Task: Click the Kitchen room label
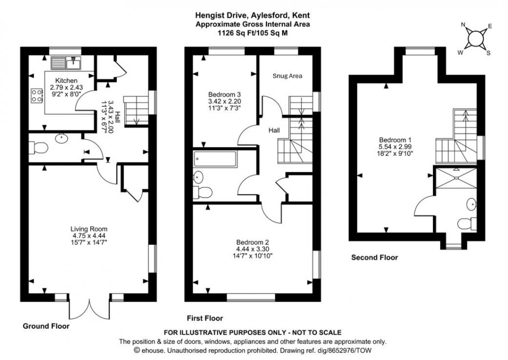(x=67, y=80)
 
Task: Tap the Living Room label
(x=89, y=228)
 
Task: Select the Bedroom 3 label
(x=224, y=94)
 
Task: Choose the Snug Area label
(x=287, y=76)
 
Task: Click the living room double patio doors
(x=89, y=308)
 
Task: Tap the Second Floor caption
(x=374, y=257)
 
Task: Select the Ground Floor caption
(x=46, y=326)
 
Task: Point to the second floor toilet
(x=467, y=224)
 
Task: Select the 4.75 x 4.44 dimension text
(x=89, y=235)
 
